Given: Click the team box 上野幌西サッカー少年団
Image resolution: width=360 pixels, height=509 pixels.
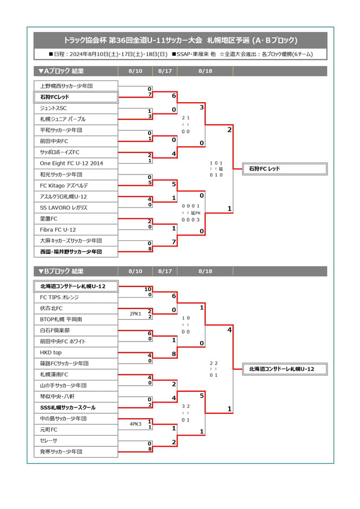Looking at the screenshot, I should point(76,86).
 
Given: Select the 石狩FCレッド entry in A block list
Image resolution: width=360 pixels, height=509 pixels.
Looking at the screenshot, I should point(76,97).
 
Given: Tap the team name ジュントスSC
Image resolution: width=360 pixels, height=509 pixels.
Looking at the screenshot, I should point(76,108).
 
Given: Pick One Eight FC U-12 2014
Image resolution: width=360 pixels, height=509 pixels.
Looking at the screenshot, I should point(76,163).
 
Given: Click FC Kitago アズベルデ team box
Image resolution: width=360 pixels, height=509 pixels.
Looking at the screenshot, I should point(76,185).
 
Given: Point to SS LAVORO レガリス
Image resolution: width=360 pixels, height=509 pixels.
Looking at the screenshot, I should point(76,207).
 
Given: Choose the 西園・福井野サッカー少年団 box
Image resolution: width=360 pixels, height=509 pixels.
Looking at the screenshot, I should point(76,252).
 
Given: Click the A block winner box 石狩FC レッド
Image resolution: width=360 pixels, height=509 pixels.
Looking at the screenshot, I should point(285,169).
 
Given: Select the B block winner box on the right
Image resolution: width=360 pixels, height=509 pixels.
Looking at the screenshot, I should point(285,369).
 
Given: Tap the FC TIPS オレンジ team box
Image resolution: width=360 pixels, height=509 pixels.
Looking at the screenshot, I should point(76,297).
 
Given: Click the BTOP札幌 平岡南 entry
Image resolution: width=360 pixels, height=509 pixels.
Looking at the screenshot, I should point(76,319).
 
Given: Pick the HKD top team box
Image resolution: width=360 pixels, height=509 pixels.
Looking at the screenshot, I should point(76,352).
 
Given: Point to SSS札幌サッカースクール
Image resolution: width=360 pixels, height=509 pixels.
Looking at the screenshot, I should point(76,407).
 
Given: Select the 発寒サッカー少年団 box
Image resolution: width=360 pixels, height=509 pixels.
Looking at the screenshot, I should point(76,451).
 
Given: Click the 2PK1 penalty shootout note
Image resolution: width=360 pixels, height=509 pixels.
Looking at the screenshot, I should point(135,314).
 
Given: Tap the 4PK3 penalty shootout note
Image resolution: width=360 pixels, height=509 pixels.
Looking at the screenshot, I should point(135,424).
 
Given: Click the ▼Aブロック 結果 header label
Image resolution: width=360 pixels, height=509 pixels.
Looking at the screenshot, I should point(61,71).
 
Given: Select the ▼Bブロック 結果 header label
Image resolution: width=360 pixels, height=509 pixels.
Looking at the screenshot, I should point(61,271).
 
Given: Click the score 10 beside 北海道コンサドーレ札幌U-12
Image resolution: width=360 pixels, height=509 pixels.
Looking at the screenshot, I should point(148,289).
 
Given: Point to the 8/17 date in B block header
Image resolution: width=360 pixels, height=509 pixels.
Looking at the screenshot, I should point(165,271).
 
